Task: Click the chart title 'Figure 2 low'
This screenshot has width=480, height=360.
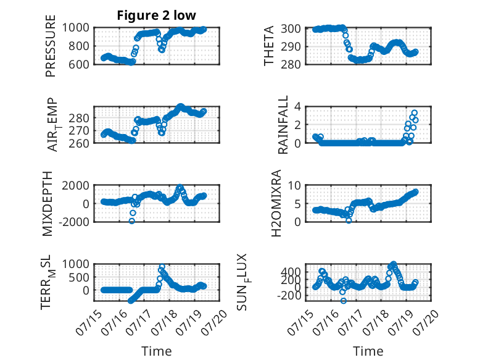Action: (x=157, y=15)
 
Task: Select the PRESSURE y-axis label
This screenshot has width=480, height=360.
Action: (x=51, y=46)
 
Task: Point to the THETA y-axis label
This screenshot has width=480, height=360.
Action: (x=268, y=46)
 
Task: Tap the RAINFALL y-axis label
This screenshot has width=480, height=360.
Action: (x=283, y=124)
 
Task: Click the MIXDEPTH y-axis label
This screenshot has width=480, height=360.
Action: (x=48, y=203)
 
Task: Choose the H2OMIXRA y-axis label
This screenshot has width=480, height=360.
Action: (x=276, y=203)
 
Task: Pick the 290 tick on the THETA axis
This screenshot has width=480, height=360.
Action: (x=291, y=46)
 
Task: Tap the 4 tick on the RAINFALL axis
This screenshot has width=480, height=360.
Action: (x=297, y=107)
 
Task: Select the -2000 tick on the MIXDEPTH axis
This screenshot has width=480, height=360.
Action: (x=74, y=222)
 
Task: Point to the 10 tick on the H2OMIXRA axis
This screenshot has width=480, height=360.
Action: (x=294, y=185)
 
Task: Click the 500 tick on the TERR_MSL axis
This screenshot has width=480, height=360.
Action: (x=79, y=277)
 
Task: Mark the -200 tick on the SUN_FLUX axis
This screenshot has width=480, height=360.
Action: (x=289, y=296)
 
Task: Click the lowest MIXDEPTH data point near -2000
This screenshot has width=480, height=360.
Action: (x=131, y=221)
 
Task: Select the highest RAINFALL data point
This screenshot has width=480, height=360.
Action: (x=415, y=113)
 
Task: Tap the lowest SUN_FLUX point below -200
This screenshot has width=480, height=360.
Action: (x=344, y=301)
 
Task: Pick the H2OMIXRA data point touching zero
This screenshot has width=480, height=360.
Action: (x=349, y=220)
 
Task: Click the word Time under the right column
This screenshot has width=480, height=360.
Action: (x=368, y=351)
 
